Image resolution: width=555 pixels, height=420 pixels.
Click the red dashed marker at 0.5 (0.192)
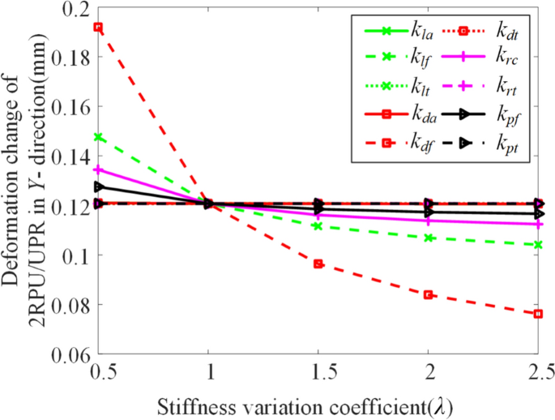point(98,27)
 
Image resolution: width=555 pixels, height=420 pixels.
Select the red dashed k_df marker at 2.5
point(538,314)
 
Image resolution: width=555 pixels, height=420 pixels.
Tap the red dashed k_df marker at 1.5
point(318,264)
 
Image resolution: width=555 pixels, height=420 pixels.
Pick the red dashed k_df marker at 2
point(428,295)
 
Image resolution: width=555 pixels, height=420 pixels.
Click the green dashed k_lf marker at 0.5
point(98,137)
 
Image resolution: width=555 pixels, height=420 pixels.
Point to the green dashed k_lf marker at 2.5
point(538,245)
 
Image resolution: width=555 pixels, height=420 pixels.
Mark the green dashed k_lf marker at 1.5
point(318,225)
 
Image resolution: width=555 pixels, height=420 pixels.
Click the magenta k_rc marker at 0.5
point(98,169)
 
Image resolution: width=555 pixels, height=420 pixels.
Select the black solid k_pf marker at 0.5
point(98,186)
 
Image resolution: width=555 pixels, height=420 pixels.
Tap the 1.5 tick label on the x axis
point(318,372)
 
